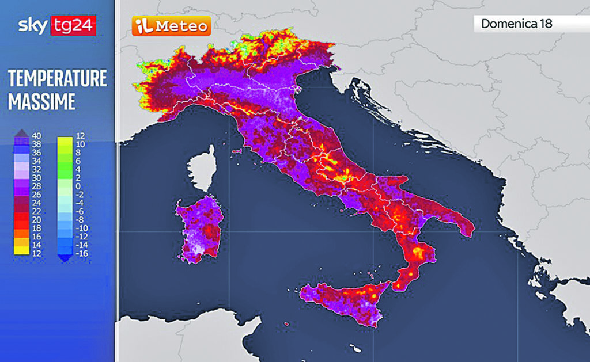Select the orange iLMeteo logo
(x=171, y=26)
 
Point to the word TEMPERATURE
(x=58, y=78)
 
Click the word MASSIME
(x=42, y=102)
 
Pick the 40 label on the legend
(x=37, y=136)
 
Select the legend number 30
(x=37, y=178)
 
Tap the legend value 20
(x=37, y=220)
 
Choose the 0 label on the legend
(x=80, y=186)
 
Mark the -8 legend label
(x=80, y=220)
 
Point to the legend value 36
(x=37, y=153)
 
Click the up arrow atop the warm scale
(x=21, y=132)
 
